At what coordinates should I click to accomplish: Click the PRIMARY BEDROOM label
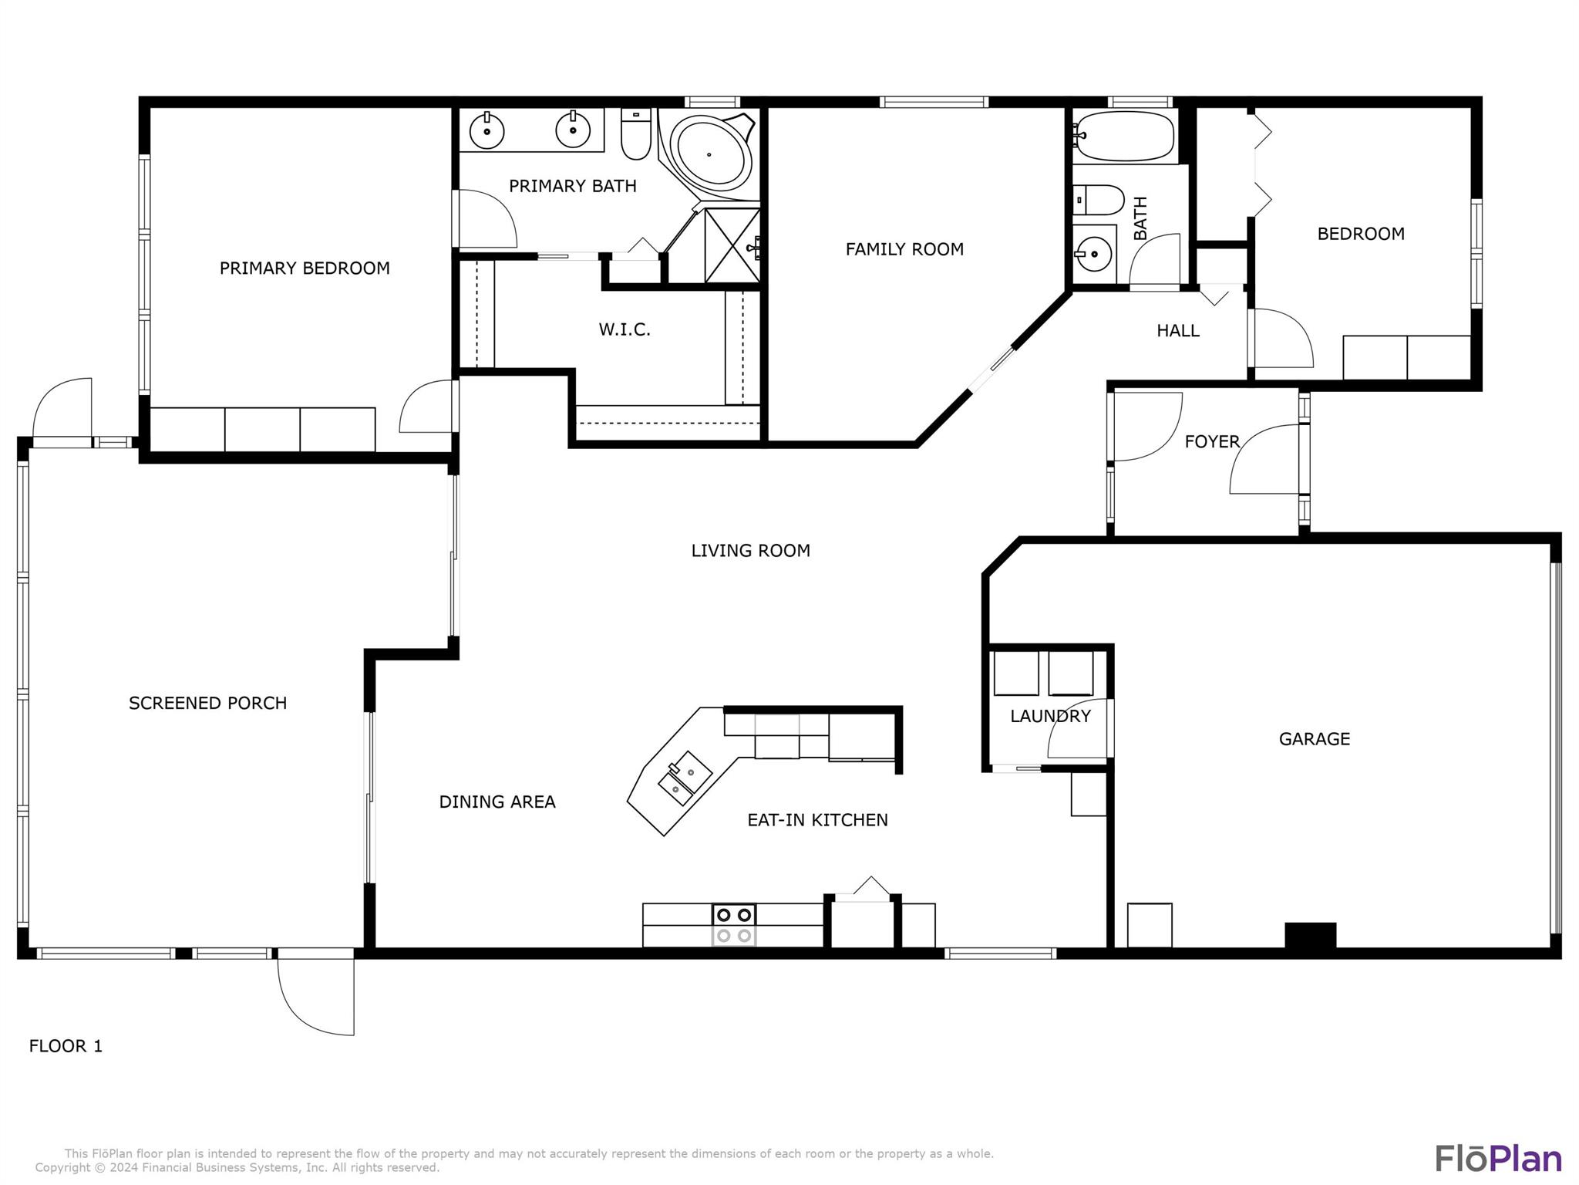[305, 268]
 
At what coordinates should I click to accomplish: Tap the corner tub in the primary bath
[709, 155]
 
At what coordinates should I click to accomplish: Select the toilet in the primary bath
[636, 134]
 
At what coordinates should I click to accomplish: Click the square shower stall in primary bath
[732, 245]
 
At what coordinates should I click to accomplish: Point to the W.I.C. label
[625, 330]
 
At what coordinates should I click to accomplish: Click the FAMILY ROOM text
[904, 249]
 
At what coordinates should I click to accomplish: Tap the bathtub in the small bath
[1125, 137]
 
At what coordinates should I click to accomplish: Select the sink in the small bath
[1093, 252]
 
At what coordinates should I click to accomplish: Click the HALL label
[1177, 331]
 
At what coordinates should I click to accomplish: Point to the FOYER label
[1212, 441]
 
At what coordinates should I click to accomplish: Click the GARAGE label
[1314, 739]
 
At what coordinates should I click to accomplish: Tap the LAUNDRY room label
[1050, 716]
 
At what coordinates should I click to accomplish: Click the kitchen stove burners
[733, 925]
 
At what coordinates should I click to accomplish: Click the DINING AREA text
[497, 802]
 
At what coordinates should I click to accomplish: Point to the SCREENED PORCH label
[207, 704]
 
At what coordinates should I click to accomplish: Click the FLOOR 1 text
[66, 1046]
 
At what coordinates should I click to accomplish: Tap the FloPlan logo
[1497, 1159]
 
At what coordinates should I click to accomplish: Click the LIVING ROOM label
[750, 551]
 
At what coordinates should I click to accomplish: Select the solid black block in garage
[1309, 934]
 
